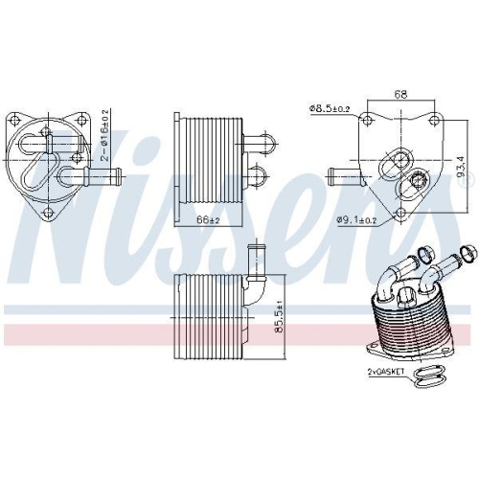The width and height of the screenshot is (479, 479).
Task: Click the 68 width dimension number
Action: [401, 95]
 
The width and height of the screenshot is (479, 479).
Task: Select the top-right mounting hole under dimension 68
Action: [434, 120]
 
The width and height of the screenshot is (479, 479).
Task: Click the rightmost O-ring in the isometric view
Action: [466, 254]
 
